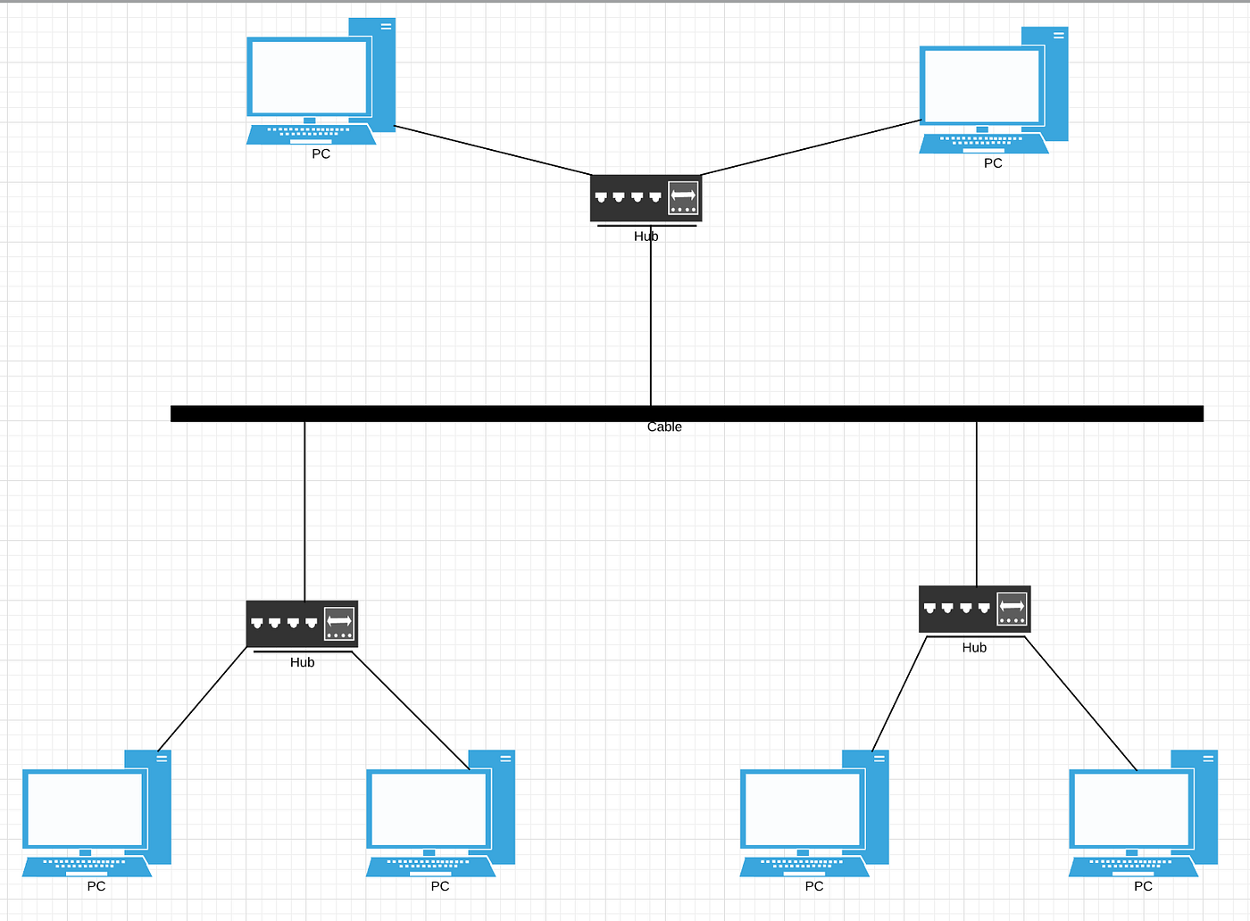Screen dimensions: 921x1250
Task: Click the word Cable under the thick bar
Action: pyautogui.click(x=664, y=427)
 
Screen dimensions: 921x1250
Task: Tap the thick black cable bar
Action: pyautogui.click(x=446, y=413)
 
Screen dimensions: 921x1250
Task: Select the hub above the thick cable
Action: pyautogui.click(x=645, y=198)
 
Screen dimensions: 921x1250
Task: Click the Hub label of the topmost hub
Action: pyautogui.click(x=646, y=236)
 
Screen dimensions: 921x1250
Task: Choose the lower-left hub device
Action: pyautogui.click(x=302, y=624)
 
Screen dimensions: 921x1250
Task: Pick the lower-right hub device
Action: pyautogui.click(x=974, y=610)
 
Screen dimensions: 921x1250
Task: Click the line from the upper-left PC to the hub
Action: pyautogui.click(x=491, y=150)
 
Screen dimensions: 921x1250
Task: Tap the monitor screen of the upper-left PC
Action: pyautogui.click(x=309, y=77)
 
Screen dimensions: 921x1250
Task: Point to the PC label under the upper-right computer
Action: pyautogui.click(x=993, y=163)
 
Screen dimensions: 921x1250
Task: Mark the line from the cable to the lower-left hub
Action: pyautogui.click(x=305, y=509)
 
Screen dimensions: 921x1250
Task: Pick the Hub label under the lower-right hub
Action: pyautogui.click(x=974, y=648)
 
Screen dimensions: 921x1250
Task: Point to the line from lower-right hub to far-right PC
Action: pyautogui.click(x=1080, y=703)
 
